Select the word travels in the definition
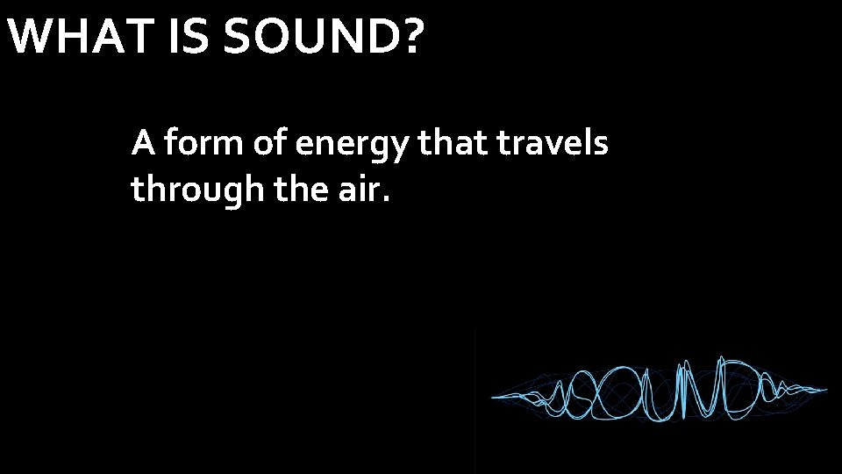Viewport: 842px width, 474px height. tap(553, 142)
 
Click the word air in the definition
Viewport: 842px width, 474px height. tap(360, 188)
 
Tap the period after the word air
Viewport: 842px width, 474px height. tap(383, 198)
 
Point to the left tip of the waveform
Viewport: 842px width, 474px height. tap(494, 396)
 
